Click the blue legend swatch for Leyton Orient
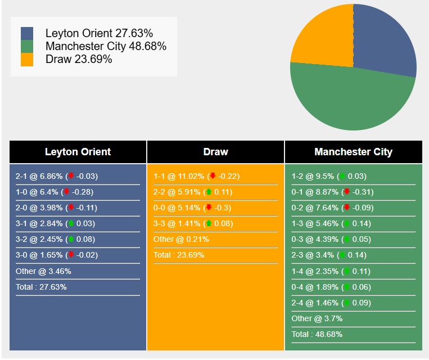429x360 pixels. click(27, 34)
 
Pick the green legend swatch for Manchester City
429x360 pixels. click(27, 47)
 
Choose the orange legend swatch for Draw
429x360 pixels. click(27, 60)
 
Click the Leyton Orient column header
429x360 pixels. click(78, 152)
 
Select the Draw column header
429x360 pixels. click(215, 152)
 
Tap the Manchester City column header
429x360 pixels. click(353, 152)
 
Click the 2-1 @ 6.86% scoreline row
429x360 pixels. click(56, 176)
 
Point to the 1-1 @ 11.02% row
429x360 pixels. click(196, 176)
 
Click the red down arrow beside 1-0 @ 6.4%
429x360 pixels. click(66, 192)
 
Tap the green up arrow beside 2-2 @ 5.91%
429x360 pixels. click(209, 192)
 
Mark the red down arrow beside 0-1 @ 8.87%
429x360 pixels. click(346, 192)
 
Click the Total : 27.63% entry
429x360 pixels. click(41, 287)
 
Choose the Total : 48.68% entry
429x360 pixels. click(317, 334)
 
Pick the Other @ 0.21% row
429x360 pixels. click(181, 239)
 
